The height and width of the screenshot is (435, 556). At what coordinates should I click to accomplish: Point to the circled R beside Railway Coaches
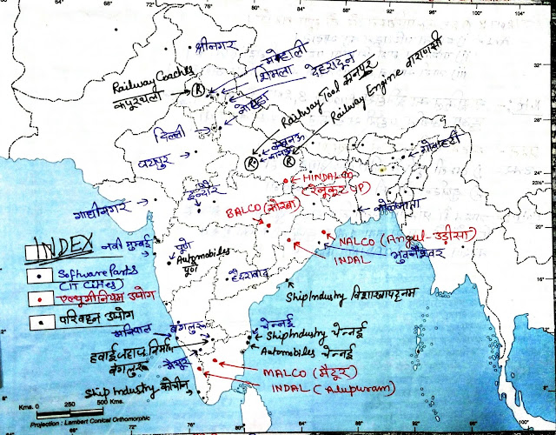point(200,88)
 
